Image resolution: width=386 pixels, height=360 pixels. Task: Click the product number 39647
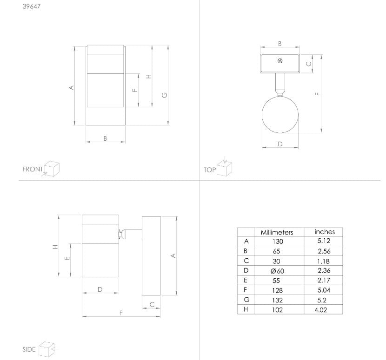point(32,7)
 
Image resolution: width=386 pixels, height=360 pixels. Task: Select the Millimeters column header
point(277,232)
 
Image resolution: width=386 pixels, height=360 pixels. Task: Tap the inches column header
point(325,232)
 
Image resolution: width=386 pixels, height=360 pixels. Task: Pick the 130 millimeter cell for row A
point(278,242)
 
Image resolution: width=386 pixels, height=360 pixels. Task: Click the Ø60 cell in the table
point(277,271)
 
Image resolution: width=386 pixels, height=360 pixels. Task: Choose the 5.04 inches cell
point(324,290)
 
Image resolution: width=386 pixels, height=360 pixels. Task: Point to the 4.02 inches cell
point(321,310)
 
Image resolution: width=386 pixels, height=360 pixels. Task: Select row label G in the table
point(246,300)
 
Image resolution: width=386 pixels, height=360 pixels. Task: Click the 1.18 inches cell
point(324,261)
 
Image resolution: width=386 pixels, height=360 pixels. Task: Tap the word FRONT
point(33,169)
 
